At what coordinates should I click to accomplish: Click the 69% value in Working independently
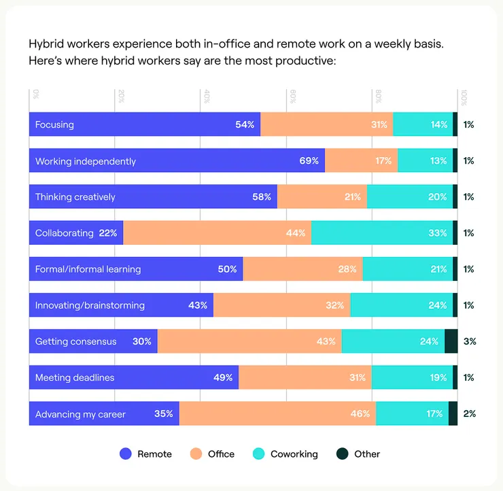(309, 160)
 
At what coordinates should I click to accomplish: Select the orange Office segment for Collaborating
(218, 233)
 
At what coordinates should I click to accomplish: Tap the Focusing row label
(54, 124)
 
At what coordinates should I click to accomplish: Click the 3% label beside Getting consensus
(470, 341)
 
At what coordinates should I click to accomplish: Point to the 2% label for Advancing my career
(469, 413)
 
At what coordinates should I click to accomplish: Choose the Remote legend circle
(126, 454)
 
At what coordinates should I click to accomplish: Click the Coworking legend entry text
(294, 454)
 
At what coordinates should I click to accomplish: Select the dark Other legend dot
(343, 454)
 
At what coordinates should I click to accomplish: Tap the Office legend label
(221, 454)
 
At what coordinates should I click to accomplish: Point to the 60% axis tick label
(292, 97)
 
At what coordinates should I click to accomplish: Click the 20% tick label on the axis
(121, 97)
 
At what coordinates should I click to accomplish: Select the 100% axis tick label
(464, 97)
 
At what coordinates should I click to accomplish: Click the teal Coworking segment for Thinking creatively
(410, 197)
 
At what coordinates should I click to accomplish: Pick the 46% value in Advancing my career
(360, 413)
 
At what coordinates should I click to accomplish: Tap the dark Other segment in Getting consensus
(451, 341)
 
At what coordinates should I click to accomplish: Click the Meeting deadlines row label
(75, 377)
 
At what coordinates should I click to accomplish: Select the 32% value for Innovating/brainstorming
(334, 305)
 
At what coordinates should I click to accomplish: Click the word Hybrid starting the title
(46, 44)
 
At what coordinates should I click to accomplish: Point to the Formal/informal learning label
(88, 269)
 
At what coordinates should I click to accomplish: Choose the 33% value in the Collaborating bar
(438, 233)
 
